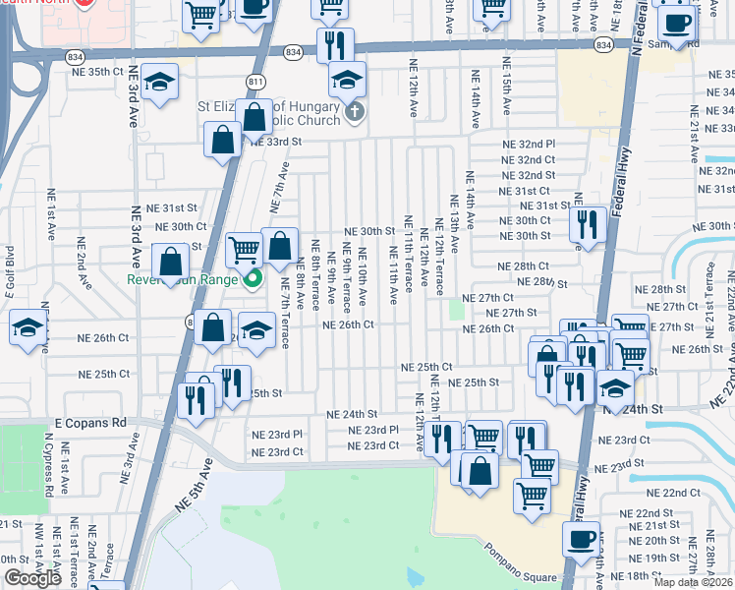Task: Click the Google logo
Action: coord(32,578)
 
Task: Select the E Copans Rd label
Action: coord(91,422)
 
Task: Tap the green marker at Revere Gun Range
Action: coord(253,278)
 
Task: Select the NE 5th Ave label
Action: coord(192,487)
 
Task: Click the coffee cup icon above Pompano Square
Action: coord(580,538)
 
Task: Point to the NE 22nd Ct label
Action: coord(681,492)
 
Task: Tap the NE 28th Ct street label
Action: coord(522,266)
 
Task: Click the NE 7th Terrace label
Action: coord(284,319)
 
